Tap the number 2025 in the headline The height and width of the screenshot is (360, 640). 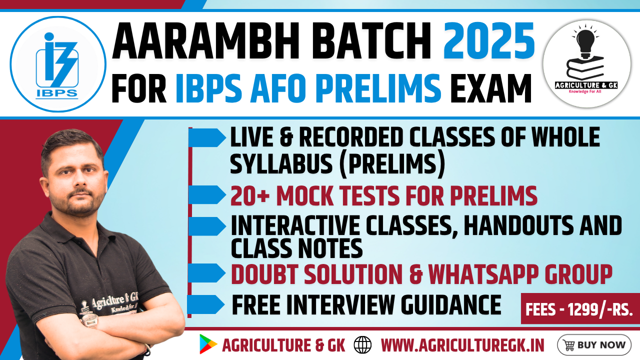point(489,41)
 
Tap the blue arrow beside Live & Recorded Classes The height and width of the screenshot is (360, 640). point(207,137)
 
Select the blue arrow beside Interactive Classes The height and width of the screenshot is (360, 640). point(207,226)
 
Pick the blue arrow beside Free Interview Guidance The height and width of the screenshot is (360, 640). point(206,304)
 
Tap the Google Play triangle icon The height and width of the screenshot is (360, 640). point(208,344)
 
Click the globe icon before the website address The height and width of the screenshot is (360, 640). point(362,344)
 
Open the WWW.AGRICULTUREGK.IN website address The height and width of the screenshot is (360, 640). point(462,345)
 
